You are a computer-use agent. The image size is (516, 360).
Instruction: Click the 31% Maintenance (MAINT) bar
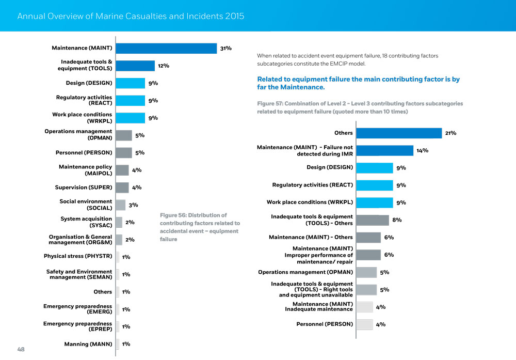pyautogui.click(x=166, y=48)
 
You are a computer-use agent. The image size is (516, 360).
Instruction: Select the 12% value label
pyautogui.click(x=164, y=66)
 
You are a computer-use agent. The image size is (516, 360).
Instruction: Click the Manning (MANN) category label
pyautogui.click(x=88, y=344)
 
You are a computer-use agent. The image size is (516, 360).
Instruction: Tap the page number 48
pyautogui.click(x=21, y=349)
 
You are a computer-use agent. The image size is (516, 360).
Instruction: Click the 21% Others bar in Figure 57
pyautogui.click(x=399, y=133)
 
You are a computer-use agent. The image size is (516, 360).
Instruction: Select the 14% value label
pyautogui.click(x=422, y=150)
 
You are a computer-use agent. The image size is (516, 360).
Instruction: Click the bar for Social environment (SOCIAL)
pyautogui.click(x=121, y=205)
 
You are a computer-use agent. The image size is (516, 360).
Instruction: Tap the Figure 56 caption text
pyautogui.click(x=200, y=227)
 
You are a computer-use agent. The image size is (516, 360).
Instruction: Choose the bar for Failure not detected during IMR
pyautogui.click(x=385, y=150)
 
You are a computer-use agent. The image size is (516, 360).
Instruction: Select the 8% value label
pyautogui.click(x=397, y=220)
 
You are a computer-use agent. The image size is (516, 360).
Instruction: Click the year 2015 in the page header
pyautogui.click(x=235, y=17)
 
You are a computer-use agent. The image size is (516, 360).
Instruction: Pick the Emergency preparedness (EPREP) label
pyautogui.click(x=78, y=326)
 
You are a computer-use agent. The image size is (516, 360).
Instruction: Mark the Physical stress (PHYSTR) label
pyautogui.click(x=78, y=256)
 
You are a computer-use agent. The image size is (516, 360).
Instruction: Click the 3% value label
pyautogui.click(x=133, y=205)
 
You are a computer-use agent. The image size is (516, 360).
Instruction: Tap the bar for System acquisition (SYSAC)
pyautogui.click(x=119, y=223)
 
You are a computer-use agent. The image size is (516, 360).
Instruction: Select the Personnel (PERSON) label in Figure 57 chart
pyautogui.click(x=324, y=324)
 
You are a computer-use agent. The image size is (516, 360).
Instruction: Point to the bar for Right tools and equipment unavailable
pyautogui.click(x=366, y=290)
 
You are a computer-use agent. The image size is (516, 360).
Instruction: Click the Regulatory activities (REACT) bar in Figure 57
pyautogui.click(x=375, y=185)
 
